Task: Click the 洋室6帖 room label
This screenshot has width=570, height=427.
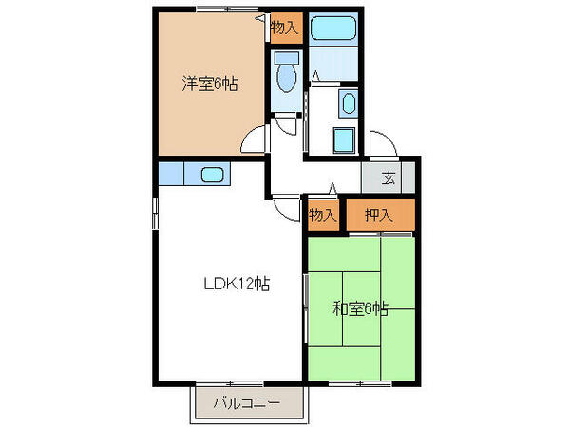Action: click(210, 84)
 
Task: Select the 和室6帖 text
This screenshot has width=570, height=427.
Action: click(360, 307)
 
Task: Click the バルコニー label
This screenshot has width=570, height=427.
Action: click(246, 403)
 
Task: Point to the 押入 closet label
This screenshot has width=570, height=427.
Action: click(379, 215)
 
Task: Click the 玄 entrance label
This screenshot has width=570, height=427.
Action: click(389, 176)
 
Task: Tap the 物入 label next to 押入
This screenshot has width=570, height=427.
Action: click(323, 215)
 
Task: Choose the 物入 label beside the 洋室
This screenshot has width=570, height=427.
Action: click(284, 28)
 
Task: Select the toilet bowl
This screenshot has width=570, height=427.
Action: click(285, 75)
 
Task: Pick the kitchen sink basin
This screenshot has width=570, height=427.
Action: click(211, 174)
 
